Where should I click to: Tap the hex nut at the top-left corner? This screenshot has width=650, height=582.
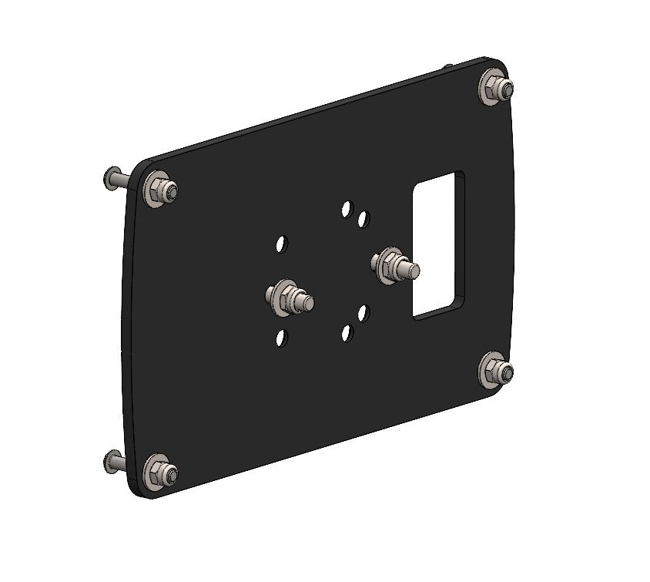click(x=161, y=188)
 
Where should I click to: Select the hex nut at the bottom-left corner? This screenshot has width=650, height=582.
click(x=161, y=473)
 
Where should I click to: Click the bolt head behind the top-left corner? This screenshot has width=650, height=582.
click(x=110, y=180)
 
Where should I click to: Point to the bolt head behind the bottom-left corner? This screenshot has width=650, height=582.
click(x=110, y=462)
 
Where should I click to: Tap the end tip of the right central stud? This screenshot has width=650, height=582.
click(x=414, y=271)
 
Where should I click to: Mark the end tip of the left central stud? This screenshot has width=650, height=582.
click(x=308, y=304)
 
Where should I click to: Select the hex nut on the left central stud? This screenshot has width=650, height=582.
click(x=287, y=298)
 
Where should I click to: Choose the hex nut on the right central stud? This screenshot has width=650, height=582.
click(x=391, y=265)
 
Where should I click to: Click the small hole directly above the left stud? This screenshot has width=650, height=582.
click(x=282, y=244)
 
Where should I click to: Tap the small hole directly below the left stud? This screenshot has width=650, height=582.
click(x=281, y=338)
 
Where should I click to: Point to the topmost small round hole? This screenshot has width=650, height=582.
click(x=347, y=209)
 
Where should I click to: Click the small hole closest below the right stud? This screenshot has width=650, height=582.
click(x=364, y=312)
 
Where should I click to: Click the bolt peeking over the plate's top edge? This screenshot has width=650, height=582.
click(x=447, y=67)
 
